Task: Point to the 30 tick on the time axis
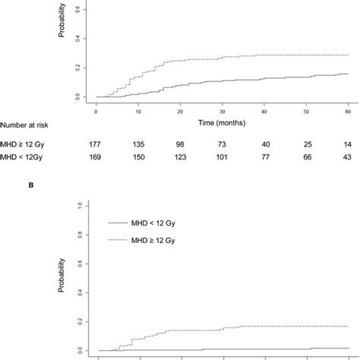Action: [223, 111]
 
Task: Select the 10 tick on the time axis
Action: [138, 111]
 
